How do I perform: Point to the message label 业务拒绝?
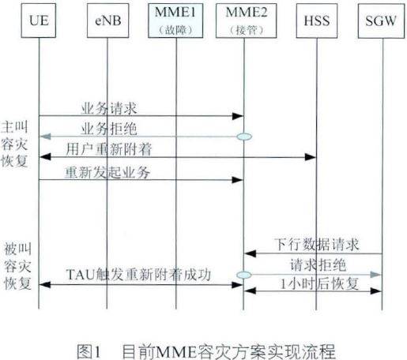(107, 127)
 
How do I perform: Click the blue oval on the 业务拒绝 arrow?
(244, 137)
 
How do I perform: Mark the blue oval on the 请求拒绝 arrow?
(244, 273)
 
